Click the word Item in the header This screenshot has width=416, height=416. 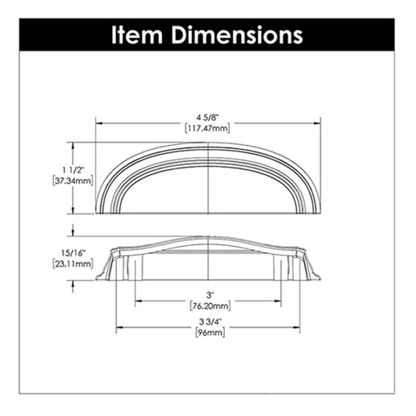tap(137, 35)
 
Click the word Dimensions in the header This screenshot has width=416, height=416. tap(237, 35)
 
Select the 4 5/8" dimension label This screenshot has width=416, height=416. tap(207, 117)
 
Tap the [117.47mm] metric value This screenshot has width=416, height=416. tap(208, 128)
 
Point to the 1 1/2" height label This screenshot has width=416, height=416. tap(73, 170)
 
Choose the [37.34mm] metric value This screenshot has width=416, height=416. tap(73, 181)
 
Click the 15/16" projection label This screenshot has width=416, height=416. tap(73, 253)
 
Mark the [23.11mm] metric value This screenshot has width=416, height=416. tap(73, 264)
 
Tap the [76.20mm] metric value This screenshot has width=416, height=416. tap(210, 306)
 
